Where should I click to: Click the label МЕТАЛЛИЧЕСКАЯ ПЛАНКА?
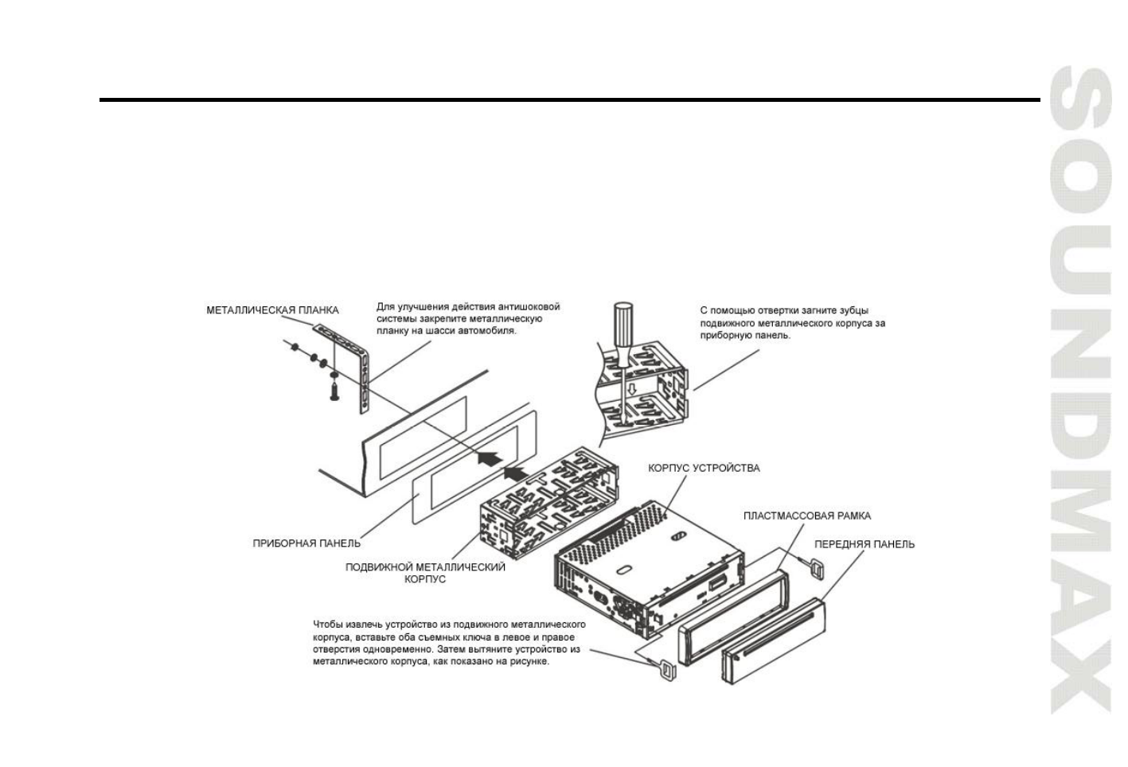coord(272,310)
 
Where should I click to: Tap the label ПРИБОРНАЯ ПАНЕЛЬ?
coord(306,543)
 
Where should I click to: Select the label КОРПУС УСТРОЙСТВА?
coord(704,468)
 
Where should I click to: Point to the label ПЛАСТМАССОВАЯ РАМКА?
coord(806,516)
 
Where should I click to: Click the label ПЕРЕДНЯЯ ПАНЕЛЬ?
coord(864,544)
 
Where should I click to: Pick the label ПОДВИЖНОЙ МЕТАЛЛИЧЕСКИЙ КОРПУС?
coord(425,573)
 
